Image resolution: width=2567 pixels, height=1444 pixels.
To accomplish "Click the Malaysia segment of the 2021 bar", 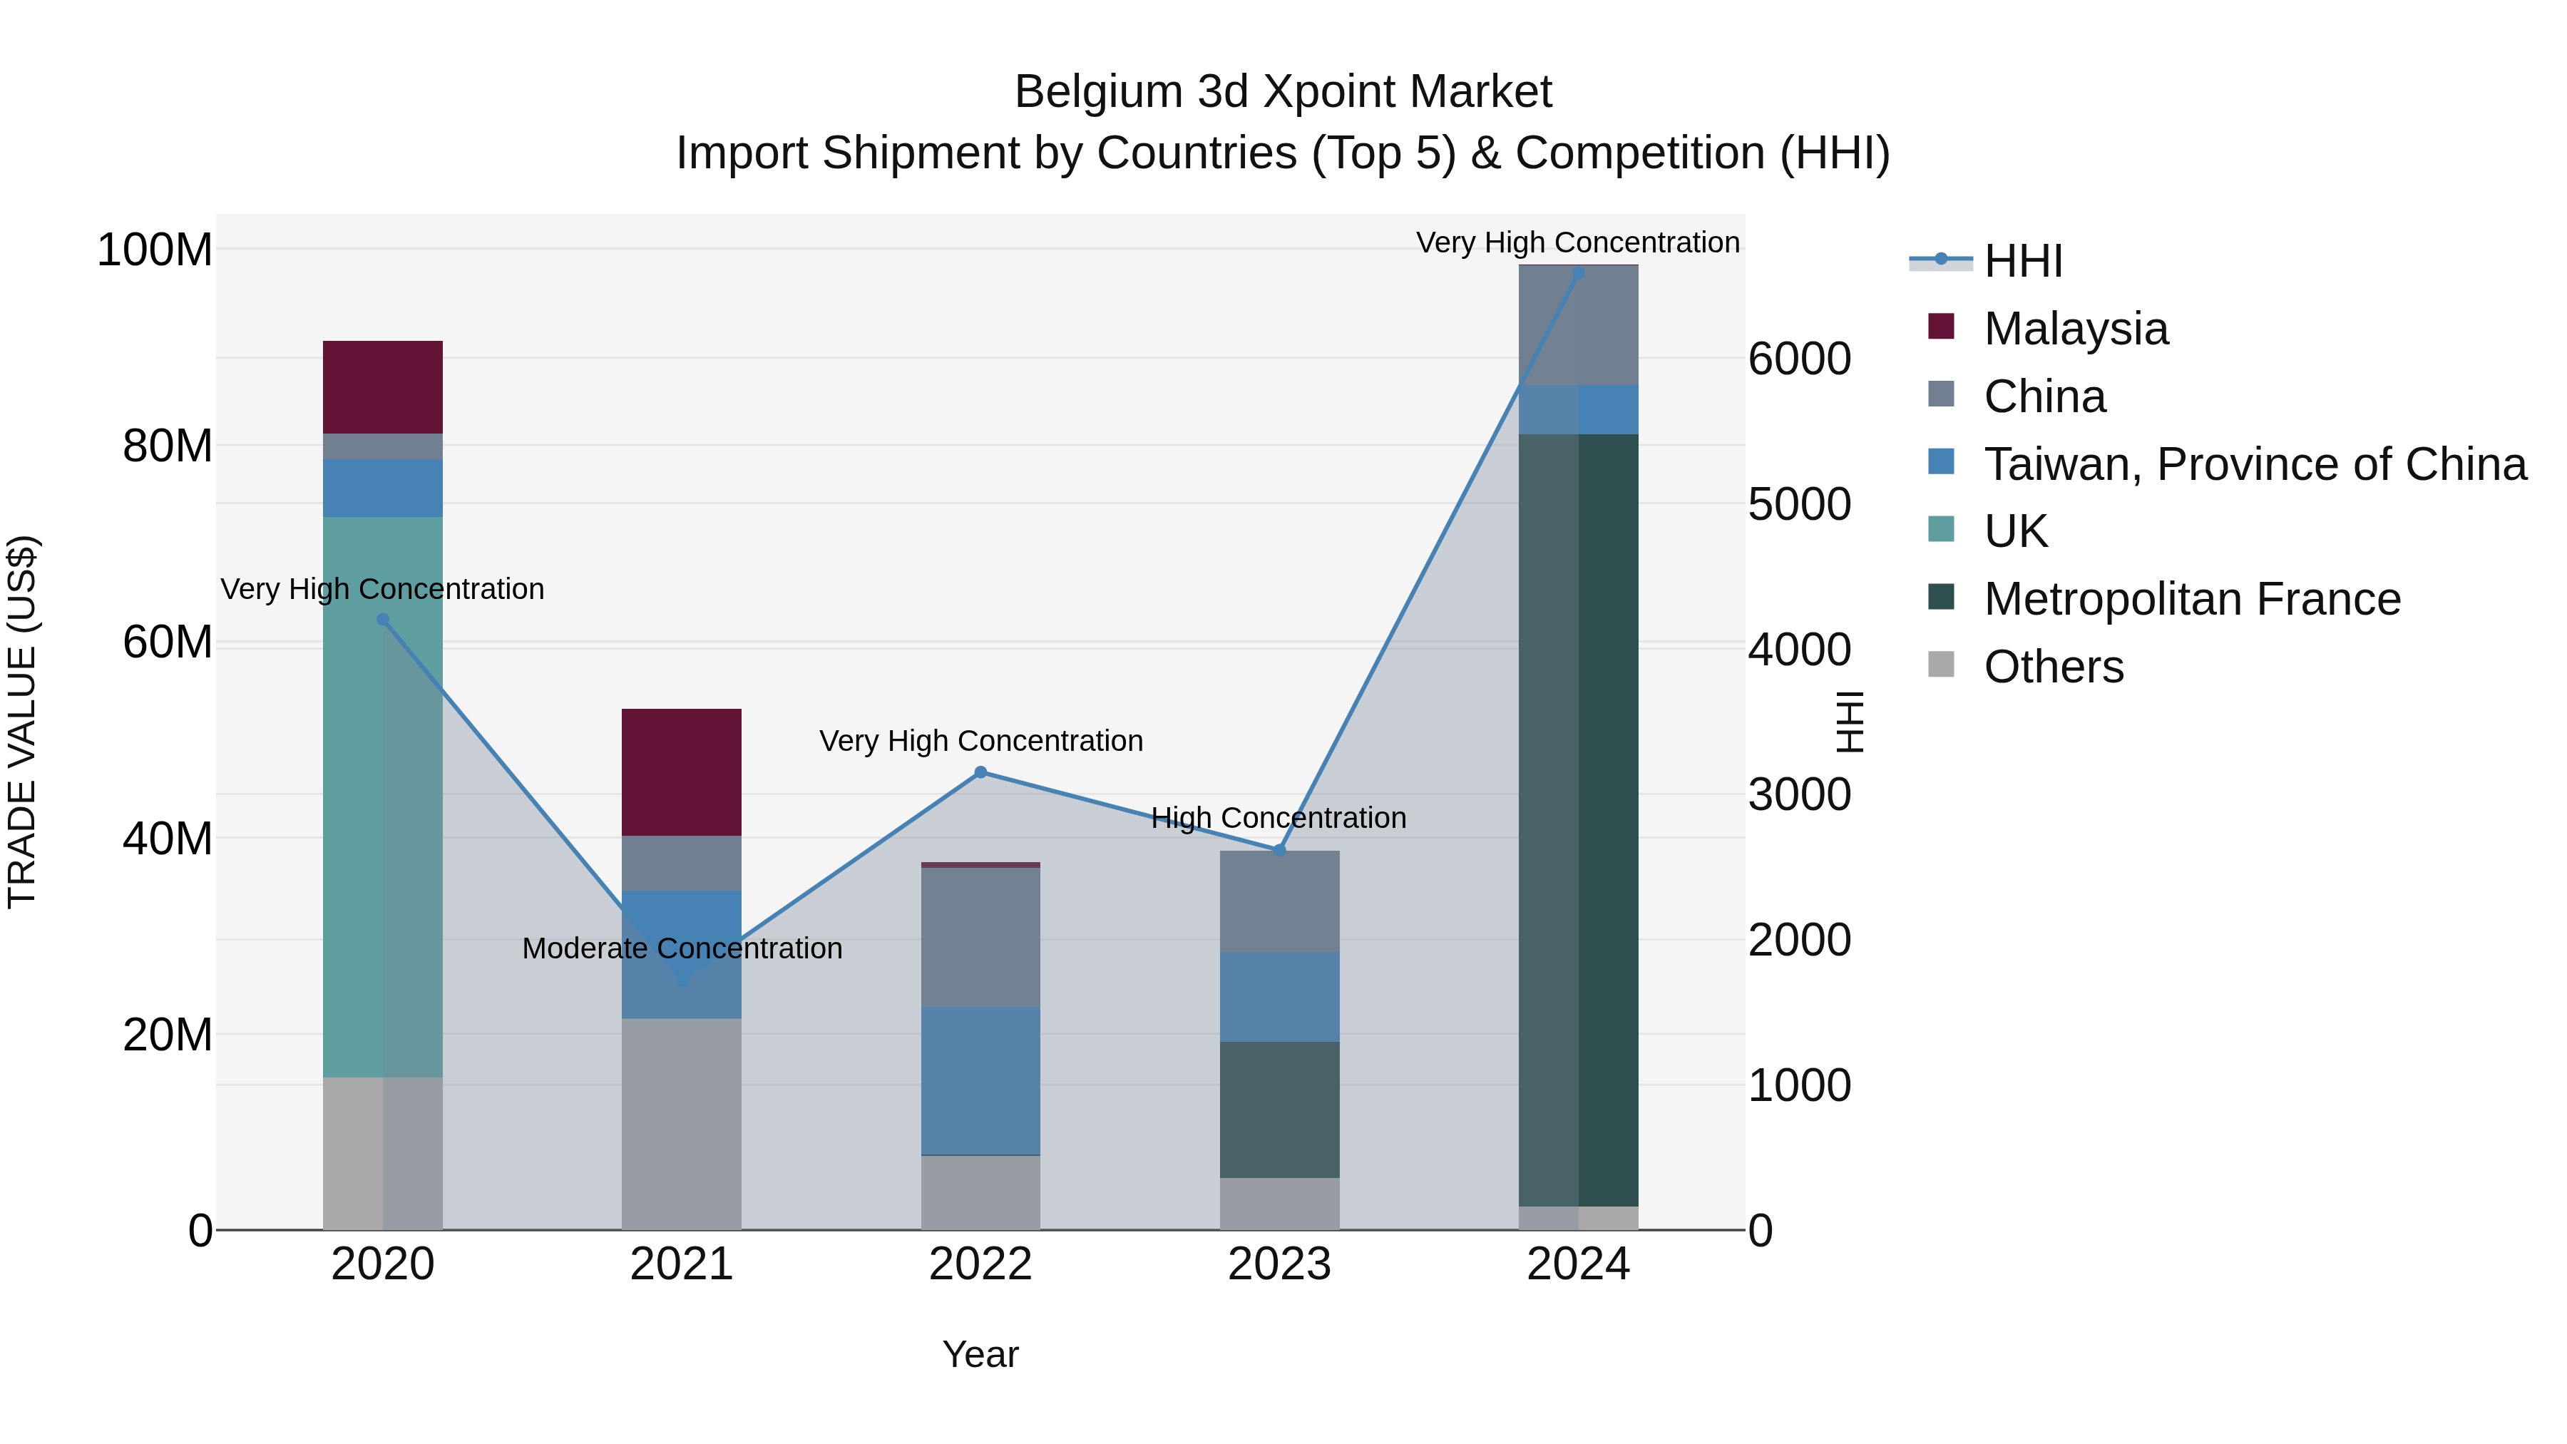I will point(681,772).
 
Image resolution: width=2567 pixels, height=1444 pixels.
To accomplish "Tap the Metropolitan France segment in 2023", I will point(1279,1109).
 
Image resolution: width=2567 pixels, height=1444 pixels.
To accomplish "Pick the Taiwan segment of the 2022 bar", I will point(980,1080).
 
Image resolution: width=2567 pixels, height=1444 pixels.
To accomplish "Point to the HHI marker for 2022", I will point(980,772).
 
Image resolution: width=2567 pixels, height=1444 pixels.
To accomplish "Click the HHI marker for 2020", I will point(383,619).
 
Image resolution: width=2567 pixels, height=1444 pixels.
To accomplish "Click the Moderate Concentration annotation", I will point(682,948).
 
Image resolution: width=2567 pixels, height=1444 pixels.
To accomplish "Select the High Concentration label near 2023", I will point(1279,817).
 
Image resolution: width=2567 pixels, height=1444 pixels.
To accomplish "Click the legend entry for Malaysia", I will point(2075,329).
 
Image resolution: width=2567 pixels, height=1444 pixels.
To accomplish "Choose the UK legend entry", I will point(2015,531).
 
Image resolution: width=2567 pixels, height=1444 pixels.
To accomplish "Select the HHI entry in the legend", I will point(2022,261).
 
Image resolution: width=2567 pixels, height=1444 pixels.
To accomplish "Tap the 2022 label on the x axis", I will point(980,1264).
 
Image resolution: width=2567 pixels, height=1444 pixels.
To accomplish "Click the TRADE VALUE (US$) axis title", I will point(22,722).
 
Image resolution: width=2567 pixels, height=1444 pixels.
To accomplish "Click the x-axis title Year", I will point(980,1354).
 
